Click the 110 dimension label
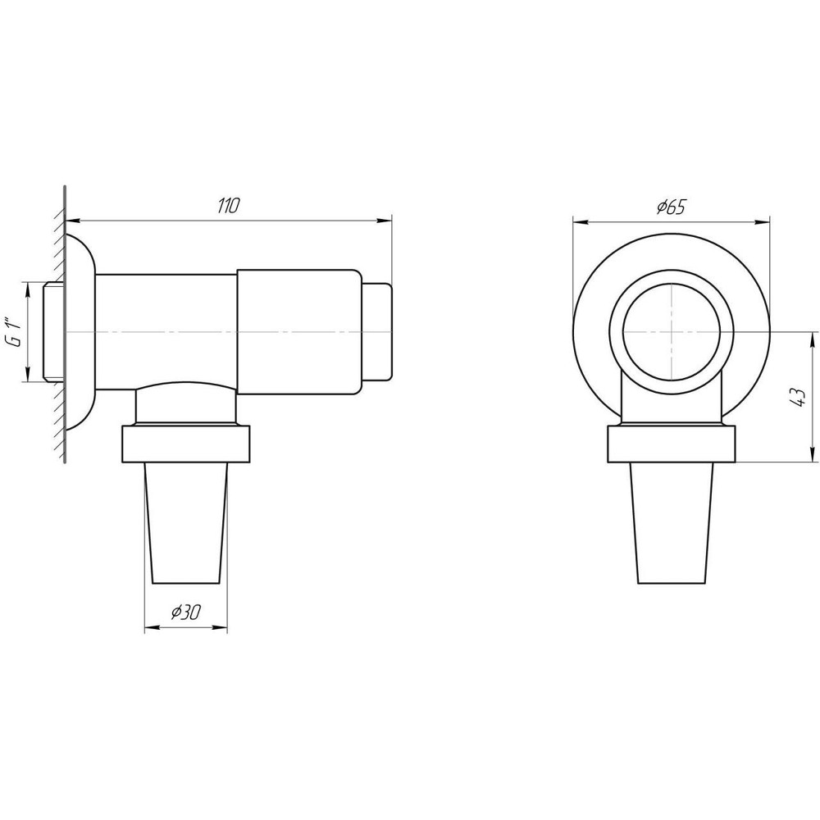pos(228,206)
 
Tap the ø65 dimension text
pos(671,207)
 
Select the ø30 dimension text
pos(185,612)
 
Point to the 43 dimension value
pos(799,399)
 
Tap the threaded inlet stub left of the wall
pos(53,331)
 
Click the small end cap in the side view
pos(376,331)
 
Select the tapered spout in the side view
pos(185,523)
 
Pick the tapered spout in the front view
pos(672,523)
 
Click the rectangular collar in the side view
pos(185,444)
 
